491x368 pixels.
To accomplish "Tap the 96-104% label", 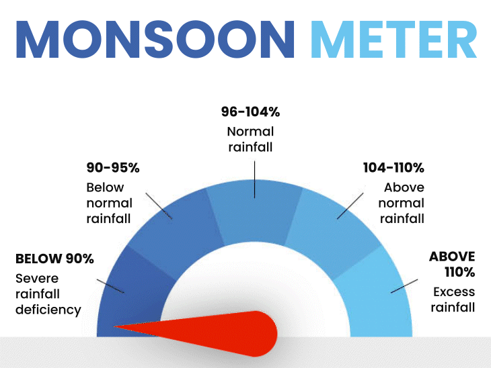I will pos(250,112).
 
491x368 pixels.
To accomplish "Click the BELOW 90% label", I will pos(54,259).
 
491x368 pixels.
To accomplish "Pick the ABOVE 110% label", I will pos(453,264).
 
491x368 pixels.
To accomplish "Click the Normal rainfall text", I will pos(250,139).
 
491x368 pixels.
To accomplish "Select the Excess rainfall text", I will pos(453,300).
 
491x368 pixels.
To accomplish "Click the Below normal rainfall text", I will pos(109,203).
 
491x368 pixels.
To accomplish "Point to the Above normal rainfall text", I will pos(402,203).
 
